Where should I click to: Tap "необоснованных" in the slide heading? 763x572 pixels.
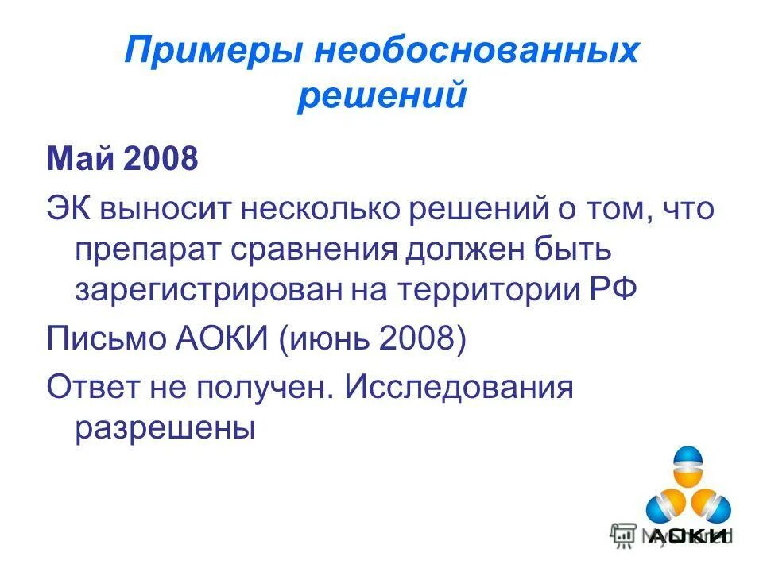coord(476,52)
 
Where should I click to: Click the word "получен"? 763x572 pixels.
coord(269,388)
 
